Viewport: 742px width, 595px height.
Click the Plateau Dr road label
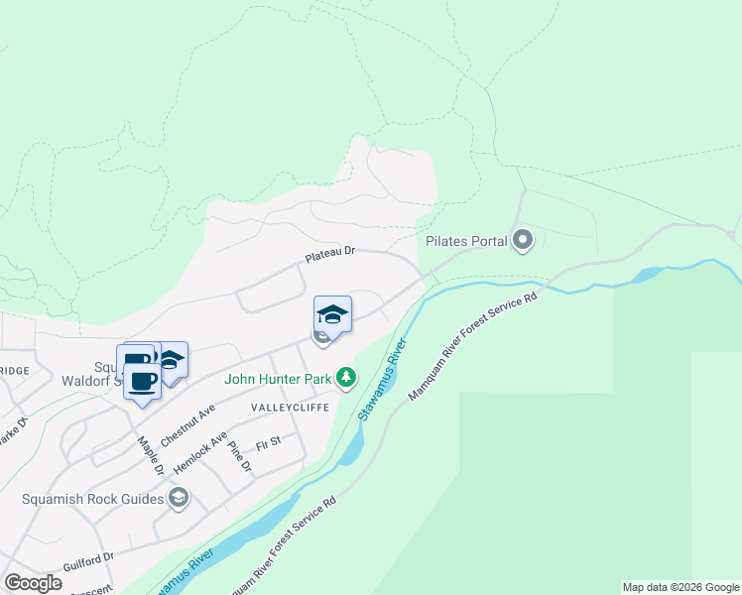[x=328, y=255]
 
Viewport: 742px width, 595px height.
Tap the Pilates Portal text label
[x=465, y=241]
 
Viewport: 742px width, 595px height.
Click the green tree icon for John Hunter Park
[x=346, y=378]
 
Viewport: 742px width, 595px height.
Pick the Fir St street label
[x=268, y=442]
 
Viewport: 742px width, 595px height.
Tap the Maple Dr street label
[x=149, y=456]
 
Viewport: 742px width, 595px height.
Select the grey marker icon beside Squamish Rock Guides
[x=179, y=498]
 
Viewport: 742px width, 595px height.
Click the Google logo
[x=33, y=583]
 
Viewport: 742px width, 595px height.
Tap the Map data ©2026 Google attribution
[x=680, y=587]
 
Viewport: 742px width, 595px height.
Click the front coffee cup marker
[x=142, y=381]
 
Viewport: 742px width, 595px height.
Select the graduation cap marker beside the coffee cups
[x=172, y=360]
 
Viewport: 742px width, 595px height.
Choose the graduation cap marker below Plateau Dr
[x=332, y=315]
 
